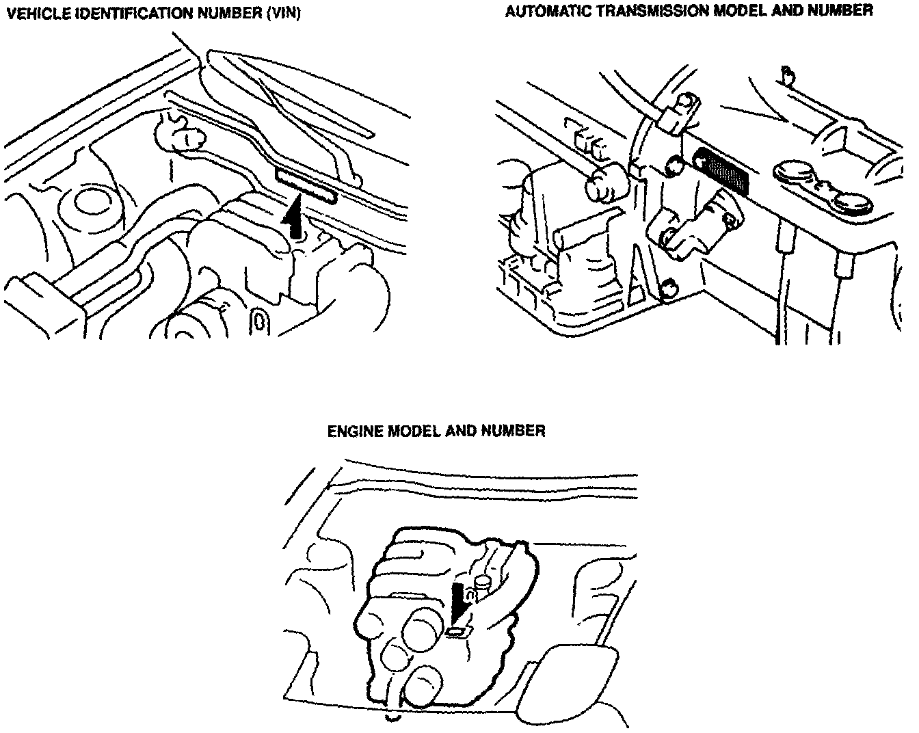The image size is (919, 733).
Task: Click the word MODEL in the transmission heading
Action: (x=739, y=12)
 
